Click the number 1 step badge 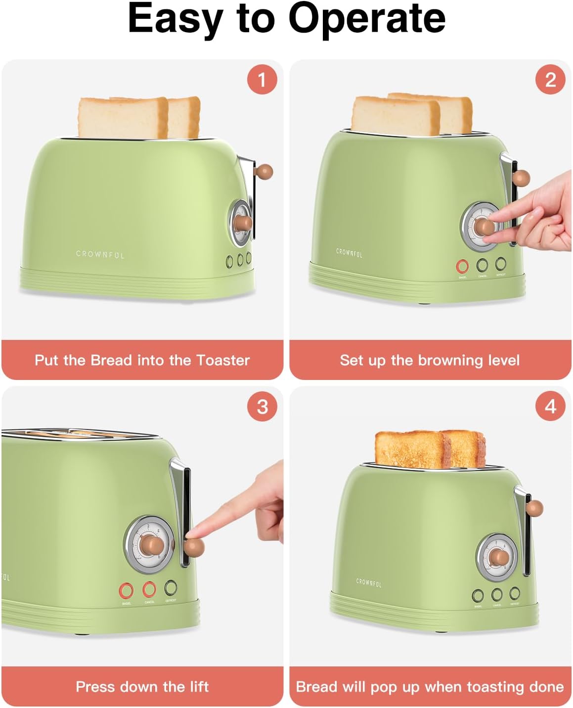pos(262,79)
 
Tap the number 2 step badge pos(550,79)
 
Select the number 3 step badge pos(262,407)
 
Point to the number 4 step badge pos(550,407)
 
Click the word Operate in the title pos(366,19)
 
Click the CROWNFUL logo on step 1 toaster pos(100,254)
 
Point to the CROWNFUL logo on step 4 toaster pos(369,583)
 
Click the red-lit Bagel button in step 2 pos(462,267)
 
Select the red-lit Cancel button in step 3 pos(149,590)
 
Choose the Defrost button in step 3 pos(171,588)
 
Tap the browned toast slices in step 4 pos(429,449)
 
